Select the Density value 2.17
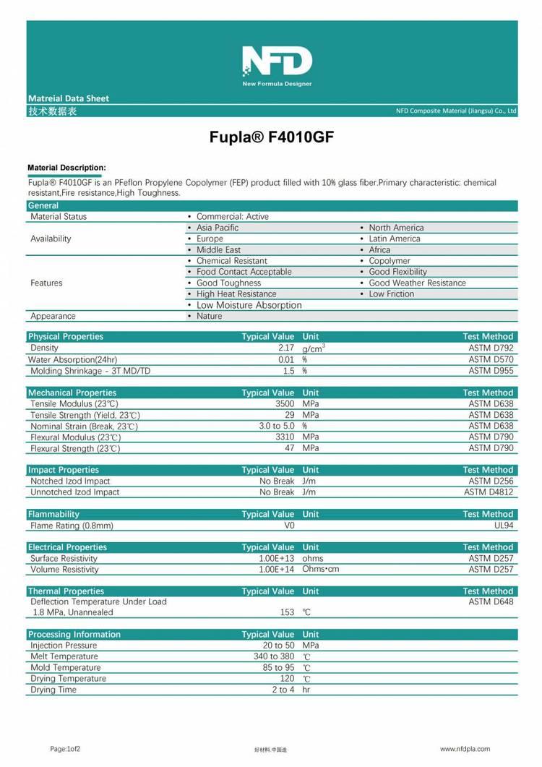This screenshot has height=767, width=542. (x=285, y=348)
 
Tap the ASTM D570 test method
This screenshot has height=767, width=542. (x=491, y=359)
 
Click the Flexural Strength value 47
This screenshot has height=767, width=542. (x=290, y=448)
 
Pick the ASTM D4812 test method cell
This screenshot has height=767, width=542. (x=489, y=492)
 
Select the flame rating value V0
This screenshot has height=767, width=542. (x=290, y=526)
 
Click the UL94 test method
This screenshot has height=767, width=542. (x=504, y=526)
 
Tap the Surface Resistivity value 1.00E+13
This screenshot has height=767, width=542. (x=277, y=559)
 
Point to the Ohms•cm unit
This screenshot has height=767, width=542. (x=321, y=570)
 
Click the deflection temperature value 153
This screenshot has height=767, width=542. (x=287, y=612)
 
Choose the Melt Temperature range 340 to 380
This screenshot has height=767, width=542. (x=274, y=656)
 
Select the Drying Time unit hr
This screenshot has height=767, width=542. (x=306, y=690)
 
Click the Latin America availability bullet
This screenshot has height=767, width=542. (x=394, y=239)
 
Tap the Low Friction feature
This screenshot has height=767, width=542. (x=391, y=294)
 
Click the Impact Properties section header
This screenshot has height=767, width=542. (x=63, y=470)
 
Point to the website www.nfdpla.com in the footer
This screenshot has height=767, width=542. (x=465, y=749)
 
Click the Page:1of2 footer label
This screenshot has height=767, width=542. (x=65, y=749)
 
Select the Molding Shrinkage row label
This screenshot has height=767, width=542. (x=90, y=371)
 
